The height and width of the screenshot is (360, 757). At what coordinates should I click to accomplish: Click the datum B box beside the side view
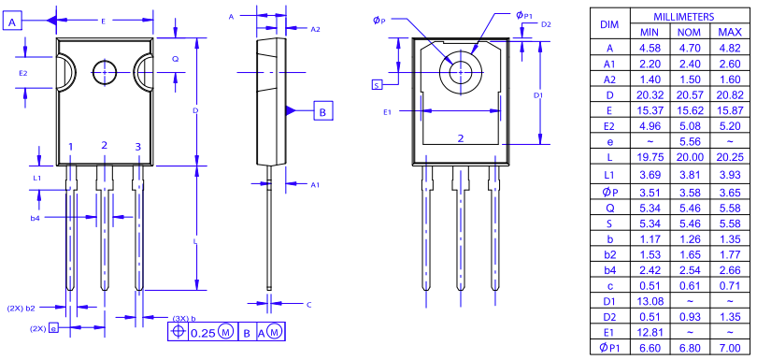point(321,111)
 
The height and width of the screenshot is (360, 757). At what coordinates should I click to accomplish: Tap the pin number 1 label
point(70,148)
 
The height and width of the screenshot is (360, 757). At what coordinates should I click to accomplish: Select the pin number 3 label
point(138,147)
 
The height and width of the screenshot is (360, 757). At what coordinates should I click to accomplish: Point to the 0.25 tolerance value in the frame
point(203,332)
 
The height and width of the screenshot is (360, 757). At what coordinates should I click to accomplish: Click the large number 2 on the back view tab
point(461,138)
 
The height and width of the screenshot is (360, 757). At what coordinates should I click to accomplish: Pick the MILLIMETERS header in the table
point(684,17)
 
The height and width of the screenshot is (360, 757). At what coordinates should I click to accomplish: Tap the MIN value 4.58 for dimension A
point(650,47)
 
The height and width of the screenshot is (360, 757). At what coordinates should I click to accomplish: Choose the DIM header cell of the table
point(609,25)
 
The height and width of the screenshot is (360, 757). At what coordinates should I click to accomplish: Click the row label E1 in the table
point(609,332)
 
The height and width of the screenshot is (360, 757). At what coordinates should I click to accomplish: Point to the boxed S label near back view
point(377,85)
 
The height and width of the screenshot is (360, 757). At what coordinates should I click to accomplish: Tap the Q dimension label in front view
point(175,58)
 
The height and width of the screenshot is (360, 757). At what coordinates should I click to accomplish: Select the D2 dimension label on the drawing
point(546,23)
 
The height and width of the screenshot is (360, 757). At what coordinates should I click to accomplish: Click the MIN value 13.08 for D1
point(650,301)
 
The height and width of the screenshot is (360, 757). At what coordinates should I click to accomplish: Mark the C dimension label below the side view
point(308,305)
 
